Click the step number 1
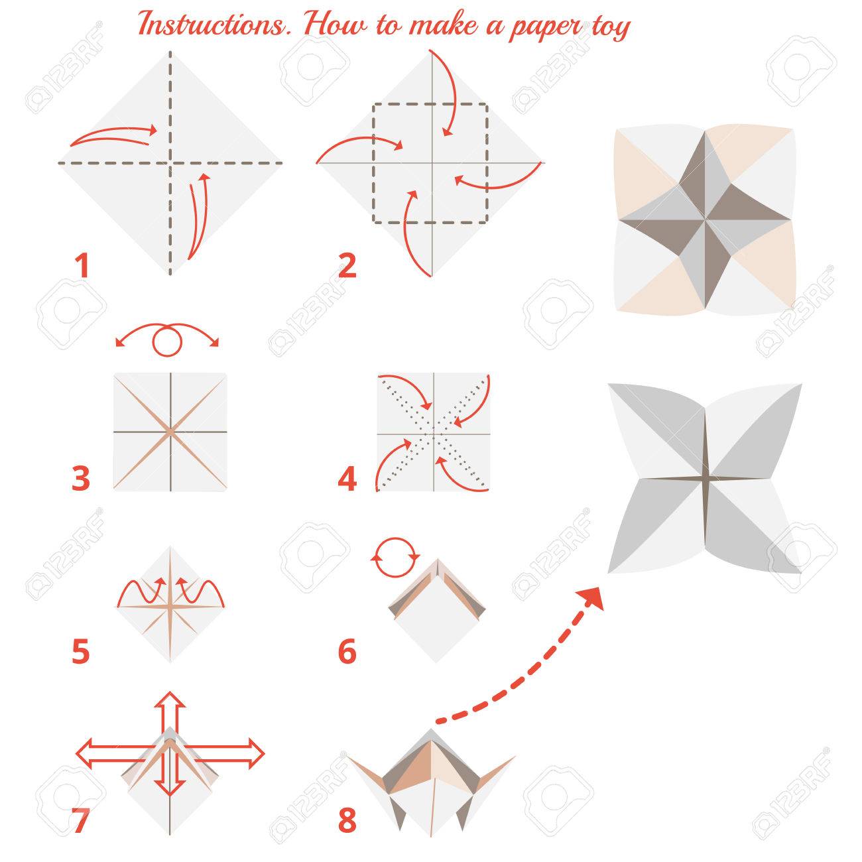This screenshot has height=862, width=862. pyautogui.click(x=82, y=265)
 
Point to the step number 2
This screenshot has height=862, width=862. pyautogui.click(x=347, y=265)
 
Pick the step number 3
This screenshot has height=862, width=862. pyautogui.click(x=81, y=478)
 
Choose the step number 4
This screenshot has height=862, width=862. pyautogui.click(x=347, y=478)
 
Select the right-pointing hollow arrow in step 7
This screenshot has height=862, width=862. pyautogui.click(x=223, y=754)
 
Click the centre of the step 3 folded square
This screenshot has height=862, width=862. pyautogui.click(x=170, y=432)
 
